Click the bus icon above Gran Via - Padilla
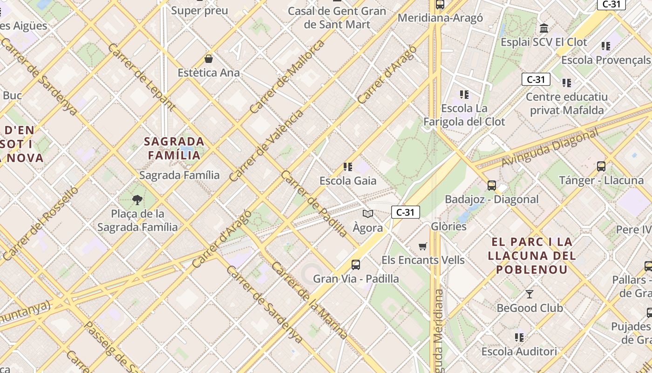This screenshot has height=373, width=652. [356, 265]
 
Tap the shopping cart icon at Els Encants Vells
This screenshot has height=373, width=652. [422, 246]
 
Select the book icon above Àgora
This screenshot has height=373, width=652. [368, 214]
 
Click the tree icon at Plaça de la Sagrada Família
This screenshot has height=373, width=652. [137, 200]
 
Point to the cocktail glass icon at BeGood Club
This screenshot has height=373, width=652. [530, 294]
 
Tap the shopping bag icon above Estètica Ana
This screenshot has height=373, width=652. [209, 59]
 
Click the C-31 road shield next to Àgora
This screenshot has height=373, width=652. [405, 213]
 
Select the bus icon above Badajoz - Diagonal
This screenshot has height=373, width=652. [492, 186]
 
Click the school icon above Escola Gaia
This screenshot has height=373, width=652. [347, 166]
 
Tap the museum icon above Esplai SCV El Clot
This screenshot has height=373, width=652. [543, 28]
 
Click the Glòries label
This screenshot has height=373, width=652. [448, 226]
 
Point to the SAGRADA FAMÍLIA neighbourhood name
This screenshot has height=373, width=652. [174, 148]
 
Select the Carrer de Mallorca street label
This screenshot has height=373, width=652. [287, 77]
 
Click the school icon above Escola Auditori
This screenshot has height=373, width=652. [519, 337]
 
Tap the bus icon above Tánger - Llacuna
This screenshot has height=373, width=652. [601, 166]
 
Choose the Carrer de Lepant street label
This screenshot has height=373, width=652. [141, 77]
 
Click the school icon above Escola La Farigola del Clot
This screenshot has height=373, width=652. [464, 95]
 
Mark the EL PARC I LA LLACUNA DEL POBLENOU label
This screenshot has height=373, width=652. [531, 256]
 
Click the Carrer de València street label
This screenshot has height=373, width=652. [266, 145]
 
